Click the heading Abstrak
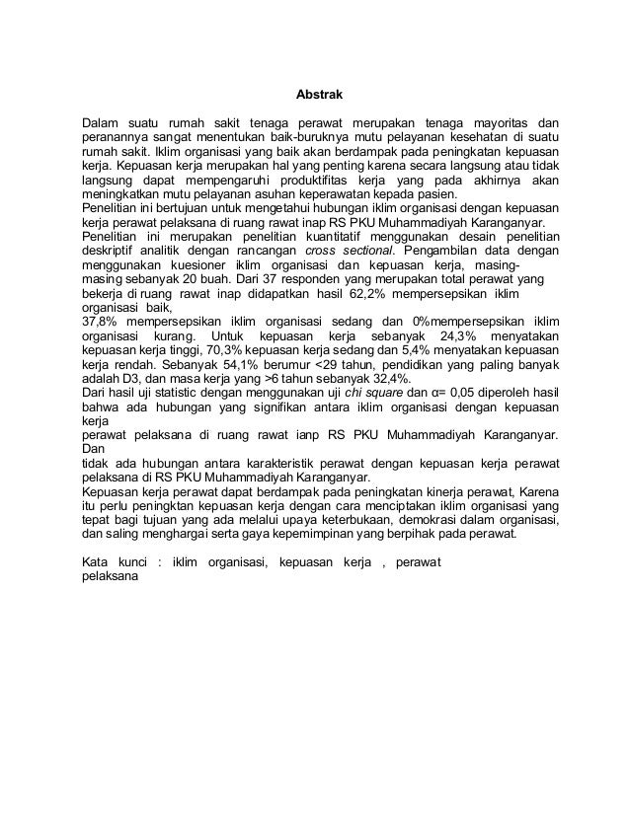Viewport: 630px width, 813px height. coord(318,97)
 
